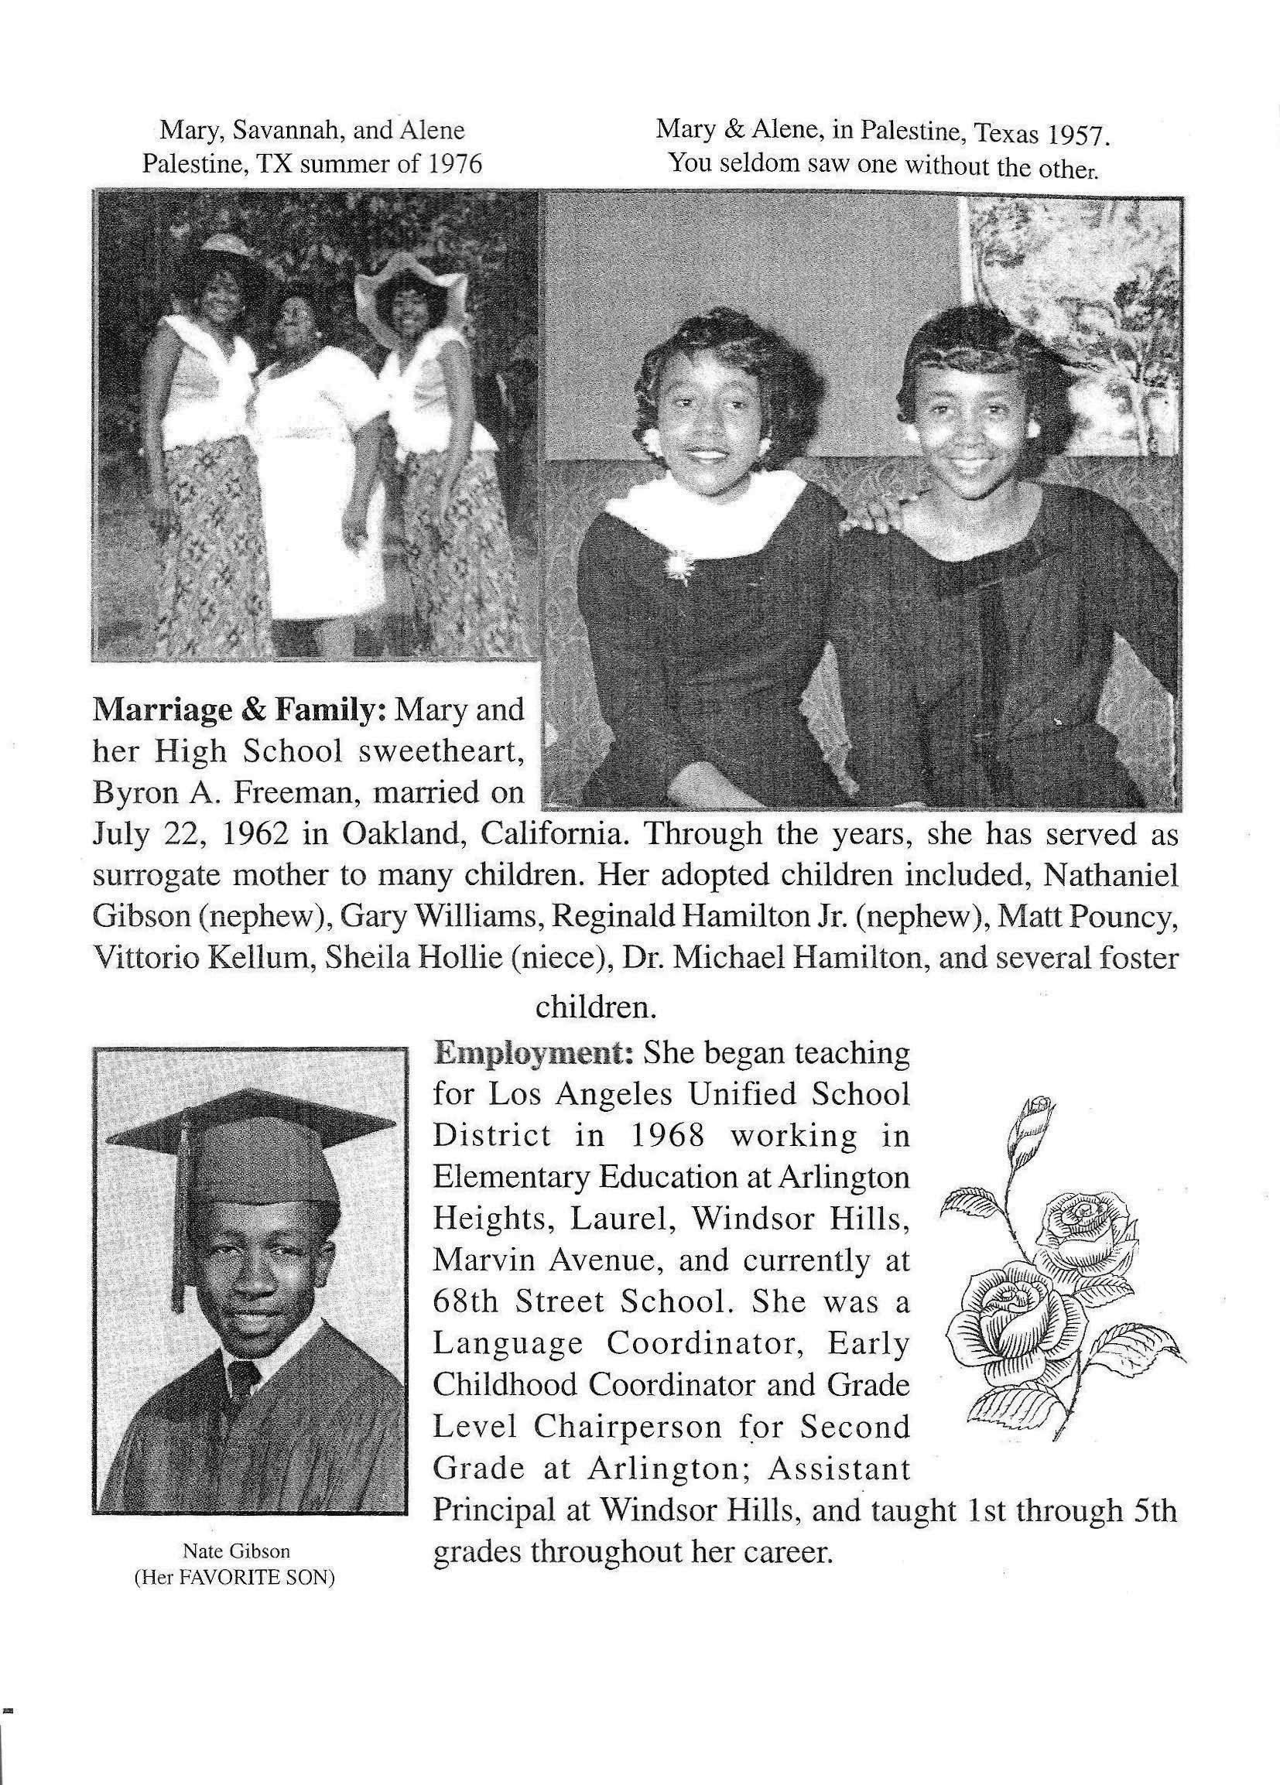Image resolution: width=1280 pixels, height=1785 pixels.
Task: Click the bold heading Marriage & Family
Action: (238, 711)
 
